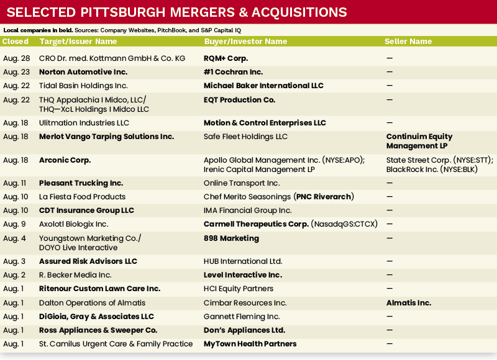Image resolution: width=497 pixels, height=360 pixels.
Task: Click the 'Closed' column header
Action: point(16,42)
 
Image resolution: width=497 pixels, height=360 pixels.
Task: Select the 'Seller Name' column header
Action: point(408,42)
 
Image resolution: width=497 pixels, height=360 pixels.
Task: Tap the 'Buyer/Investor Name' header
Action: point(245,42)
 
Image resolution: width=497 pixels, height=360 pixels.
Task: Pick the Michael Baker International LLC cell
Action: point(263,85)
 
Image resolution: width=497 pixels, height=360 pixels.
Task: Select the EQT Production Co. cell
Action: point(239,99)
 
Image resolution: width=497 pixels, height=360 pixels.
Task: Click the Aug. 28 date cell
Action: point(16,58)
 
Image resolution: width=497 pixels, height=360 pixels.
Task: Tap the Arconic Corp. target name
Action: point(65,160)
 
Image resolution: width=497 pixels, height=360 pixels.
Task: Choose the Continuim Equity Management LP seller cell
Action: point(419,141)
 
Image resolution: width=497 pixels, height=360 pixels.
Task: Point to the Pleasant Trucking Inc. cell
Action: point(81,183)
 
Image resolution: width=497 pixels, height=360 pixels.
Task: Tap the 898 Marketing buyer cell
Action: point(231,238)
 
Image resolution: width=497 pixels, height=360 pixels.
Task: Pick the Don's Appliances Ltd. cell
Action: point(244,330)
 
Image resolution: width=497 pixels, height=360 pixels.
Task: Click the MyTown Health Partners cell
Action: point(250,343)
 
